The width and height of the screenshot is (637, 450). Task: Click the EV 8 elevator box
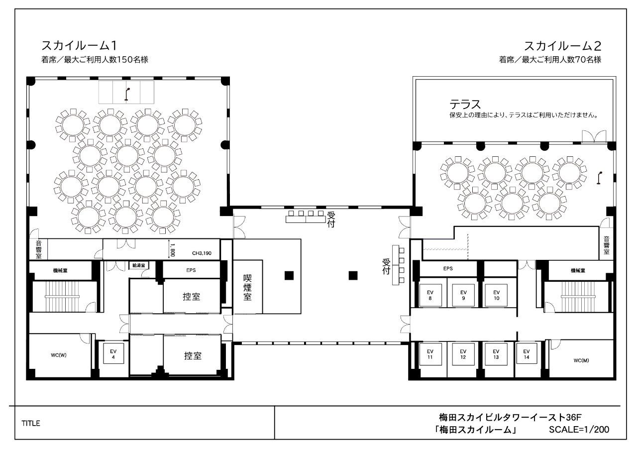coord(430,295)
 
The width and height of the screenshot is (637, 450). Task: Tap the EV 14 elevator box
coord(527,354)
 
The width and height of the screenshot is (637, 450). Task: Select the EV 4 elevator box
coord(113,354)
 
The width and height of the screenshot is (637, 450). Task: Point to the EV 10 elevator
coord(496,295)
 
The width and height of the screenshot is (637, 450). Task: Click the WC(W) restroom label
coord(59,355)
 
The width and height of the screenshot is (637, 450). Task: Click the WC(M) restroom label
coord(581,360)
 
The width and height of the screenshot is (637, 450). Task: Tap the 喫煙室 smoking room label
coord(247,287)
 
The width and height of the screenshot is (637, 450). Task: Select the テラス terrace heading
coord(465,105)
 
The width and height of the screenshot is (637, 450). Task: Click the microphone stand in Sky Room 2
coord(600,178)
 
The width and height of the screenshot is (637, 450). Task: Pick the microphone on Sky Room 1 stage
coord(126,94)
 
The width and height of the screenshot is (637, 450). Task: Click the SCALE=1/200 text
coord(579,429)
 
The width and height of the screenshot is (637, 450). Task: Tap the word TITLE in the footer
coord(31,423)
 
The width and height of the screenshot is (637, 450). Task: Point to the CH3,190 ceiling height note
coord(202,253)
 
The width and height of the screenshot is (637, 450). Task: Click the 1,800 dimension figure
coord(172,250)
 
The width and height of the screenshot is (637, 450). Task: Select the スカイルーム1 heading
coord(79,45)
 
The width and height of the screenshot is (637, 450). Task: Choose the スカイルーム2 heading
coord(562,46)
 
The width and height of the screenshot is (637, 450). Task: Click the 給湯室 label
coord(139,265)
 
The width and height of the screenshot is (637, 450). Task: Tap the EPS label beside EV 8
coord(448,268)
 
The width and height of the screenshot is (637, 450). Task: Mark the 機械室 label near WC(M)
coord(578,270)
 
